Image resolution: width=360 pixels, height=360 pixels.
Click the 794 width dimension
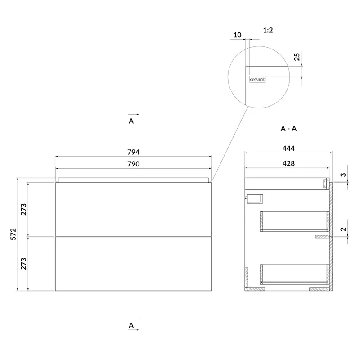(x=133, y=152)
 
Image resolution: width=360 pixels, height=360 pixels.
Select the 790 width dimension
(x=133, y=164)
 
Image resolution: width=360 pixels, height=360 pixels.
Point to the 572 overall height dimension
(x=14, y=234)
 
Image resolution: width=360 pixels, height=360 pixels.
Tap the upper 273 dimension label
(x=24, y=209)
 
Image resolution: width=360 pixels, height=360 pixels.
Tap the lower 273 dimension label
(x=24, y=264)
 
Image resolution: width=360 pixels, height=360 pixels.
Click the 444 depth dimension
(x=288, y=148)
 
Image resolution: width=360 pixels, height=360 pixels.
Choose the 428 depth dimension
(x=288, y=163)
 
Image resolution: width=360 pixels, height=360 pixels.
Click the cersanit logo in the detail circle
(x=257, y=80)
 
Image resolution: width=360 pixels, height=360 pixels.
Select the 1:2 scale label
(x=268, y=30)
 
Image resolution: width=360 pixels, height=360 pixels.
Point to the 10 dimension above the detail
(x=238, y=35)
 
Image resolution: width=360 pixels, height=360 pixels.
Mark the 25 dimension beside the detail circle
(x=297, y=57)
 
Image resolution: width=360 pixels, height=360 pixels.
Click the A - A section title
(x=288, y=129)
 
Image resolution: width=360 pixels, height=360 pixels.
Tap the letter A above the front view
(x=131, y=121)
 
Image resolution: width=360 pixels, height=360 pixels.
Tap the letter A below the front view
(x=131, y=325)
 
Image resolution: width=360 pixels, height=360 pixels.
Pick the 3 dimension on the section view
(x=343, y=175)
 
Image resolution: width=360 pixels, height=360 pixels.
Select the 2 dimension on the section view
(x=343, y=229)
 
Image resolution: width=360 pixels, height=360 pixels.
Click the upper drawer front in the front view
(x=133, y=209)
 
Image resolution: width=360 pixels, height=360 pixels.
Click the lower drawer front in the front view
(x=133, y=264)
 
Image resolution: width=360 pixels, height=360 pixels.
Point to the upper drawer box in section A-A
(x=295, y=221)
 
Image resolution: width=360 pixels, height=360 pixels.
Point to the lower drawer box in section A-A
(x=295, y=274)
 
